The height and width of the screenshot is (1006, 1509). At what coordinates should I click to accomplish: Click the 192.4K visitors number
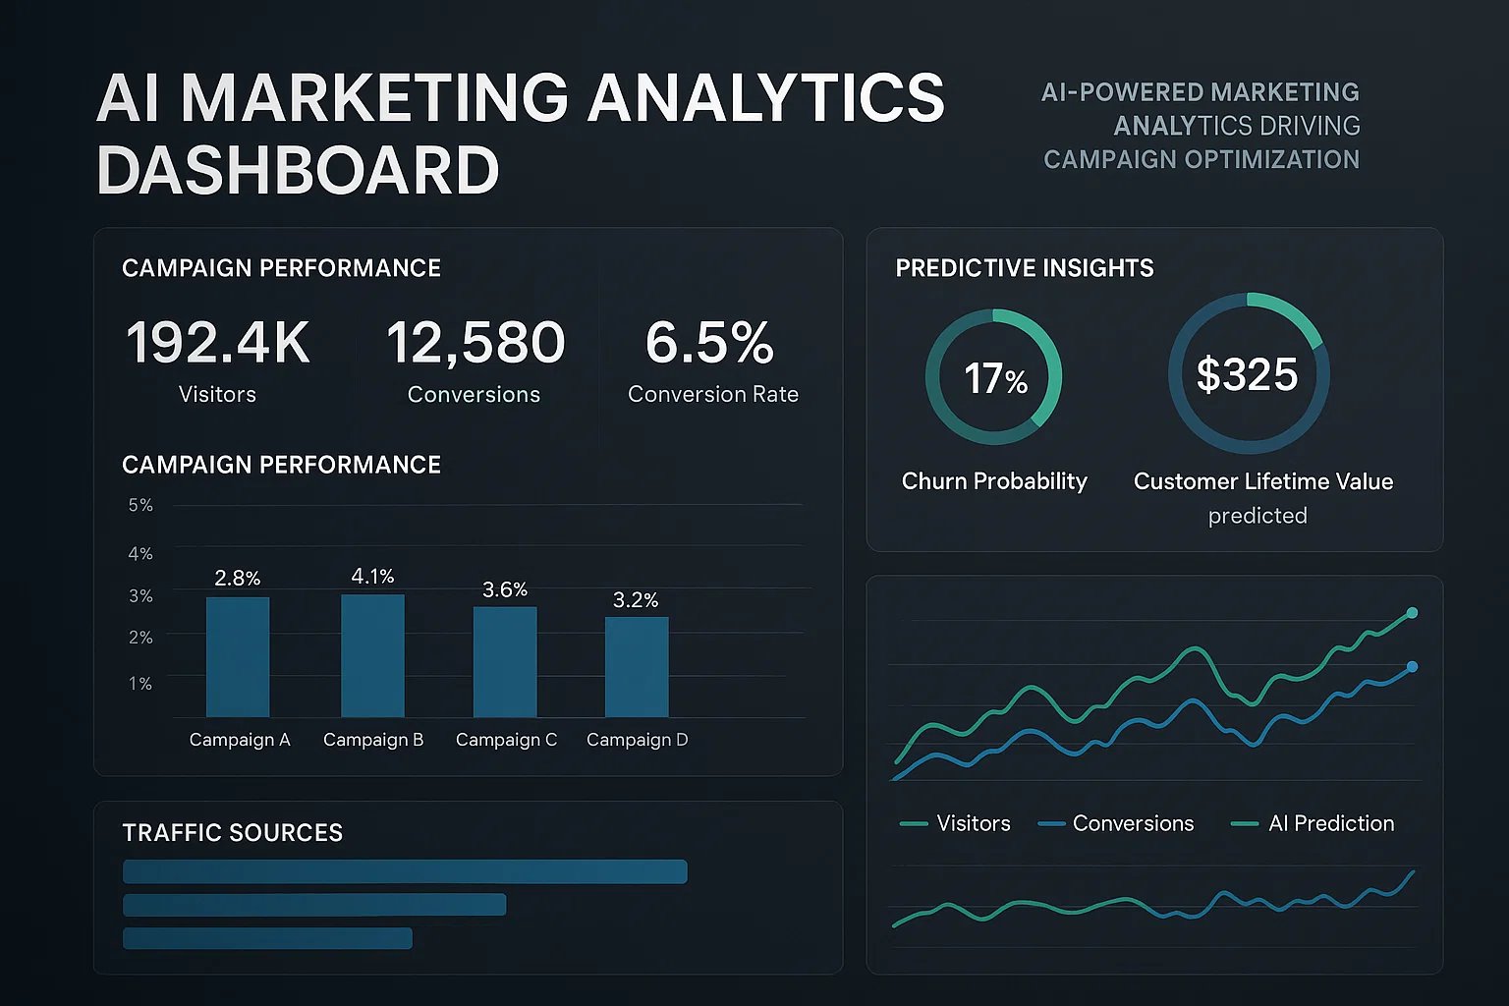point(217,343)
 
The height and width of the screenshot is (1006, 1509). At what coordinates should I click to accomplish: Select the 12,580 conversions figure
point(475,343)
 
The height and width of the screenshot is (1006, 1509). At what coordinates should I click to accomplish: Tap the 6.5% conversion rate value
point(709,343)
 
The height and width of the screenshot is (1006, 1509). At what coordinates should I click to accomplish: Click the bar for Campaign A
point(238,657)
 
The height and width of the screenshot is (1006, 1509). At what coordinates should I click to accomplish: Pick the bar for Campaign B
point(372,655)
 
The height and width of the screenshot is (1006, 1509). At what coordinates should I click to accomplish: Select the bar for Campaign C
point(505,662)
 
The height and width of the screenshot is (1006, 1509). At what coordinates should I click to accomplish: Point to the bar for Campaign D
point(637,667)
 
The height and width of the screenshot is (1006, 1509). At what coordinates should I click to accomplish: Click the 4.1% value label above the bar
point(372,577)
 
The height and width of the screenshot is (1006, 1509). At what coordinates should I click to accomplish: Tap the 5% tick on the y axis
point(140,505)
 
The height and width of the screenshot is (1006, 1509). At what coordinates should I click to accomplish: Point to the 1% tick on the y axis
point(140,683)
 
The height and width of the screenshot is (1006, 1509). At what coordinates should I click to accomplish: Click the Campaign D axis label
point(637,740)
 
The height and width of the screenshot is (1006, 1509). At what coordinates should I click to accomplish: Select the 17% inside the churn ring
point(994,378)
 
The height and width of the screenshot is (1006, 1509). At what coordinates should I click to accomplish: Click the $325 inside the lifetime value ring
point(1247,374)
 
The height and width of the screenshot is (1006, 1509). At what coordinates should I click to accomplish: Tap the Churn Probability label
point(994,481)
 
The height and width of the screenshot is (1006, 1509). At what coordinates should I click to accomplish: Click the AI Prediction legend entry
point(1330,823)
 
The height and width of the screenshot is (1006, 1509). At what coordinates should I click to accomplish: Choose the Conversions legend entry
point(1132,823)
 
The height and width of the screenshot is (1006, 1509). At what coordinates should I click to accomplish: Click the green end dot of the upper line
point(1413,613)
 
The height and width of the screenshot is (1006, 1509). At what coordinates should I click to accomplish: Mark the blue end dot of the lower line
point(1413,667)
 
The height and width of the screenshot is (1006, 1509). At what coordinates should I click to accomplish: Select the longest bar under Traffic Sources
point(405,871)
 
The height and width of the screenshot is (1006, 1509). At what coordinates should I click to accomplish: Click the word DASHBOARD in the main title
point(299,170)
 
